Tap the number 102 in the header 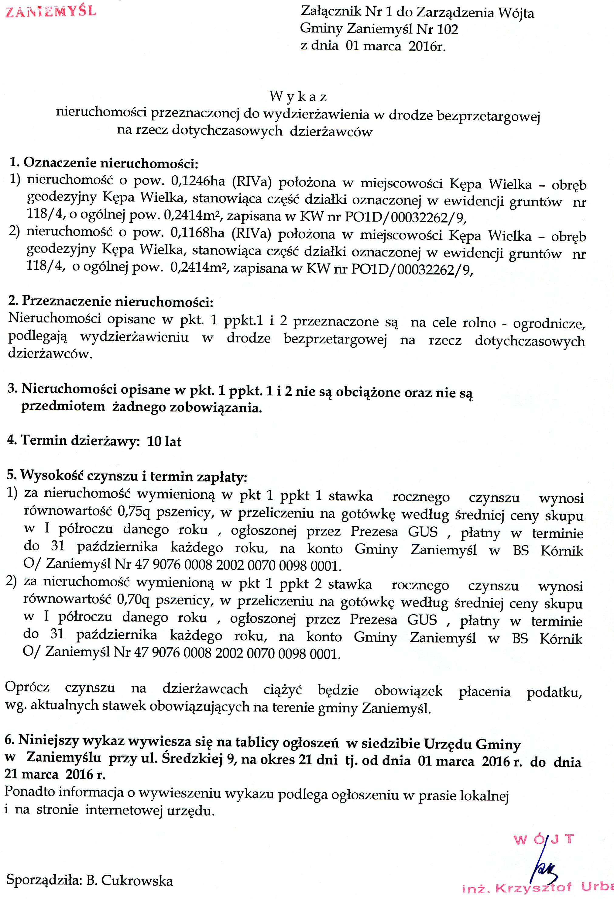coord(448,29)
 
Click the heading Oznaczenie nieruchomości coord(111,163)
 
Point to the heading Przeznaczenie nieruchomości coord(117,301)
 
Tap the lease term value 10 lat coord(164,441)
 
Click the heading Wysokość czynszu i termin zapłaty coord(133,476)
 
